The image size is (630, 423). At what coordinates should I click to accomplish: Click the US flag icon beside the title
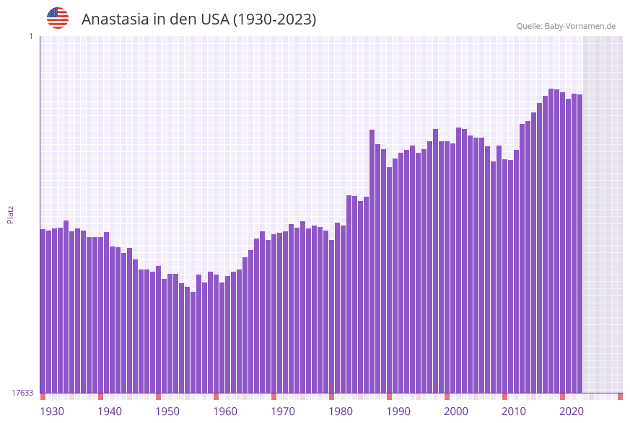[58, 18]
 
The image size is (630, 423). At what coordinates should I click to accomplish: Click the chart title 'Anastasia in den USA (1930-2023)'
[198, 19]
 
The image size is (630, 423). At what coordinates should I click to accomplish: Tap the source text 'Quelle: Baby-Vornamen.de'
[566, 26]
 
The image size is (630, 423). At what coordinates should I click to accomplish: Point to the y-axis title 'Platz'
[11, 214]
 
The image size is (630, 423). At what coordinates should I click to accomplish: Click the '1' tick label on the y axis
[31, 36]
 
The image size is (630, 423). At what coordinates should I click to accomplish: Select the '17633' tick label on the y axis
[22, 393]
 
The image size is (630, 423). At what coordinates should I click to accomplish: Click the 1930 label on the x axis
[52, 411]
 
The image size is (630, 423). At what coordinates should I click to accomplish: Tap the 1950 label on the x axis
[167, 411]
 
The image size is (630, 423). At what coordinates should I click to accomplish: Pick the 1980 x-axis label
[341, 411]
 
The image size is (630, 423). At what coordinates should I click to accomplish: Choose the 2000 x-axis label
[456, 411]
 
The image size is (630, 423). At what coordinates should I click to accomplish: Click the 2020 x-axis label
[572, 411]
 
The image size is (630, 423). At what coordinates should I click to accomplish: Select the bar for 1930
[43, 310]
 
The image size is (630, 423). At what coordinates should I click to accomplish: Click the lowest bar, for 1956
[193, 342]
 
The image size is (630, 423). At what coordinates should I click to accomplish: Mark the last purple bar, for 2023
[579, 245]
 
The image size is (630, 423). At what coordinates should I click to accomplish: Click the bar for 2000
[447, 267]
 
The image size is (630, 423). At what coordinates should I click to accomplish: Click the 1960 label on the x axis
[225, 411]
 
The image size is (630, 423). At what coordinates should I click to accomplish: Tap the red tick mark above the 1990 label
[389, 396]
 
